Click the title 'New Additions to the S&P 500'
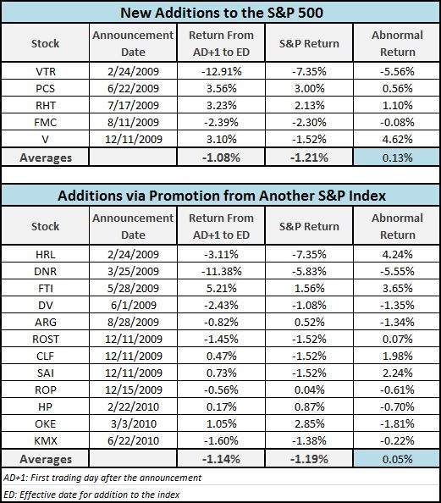(x=222, y=13)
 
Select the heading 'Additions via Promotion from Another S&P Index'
(x=222, y=196)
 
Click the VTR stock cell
(x=45, y=71)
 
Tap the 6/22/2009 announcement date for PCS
(x=133, y=88)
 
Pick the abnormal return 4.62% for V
(x=397, y=139)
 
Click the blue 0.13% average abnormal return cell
(x=396, y=158)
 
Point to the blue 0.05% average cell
(x=396, y=459)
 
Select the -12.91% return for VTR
(x=221, y=71)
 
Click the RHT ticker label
(x=45, y=105)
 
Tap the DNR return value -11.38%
(x=221, y=271)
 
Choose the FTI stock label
(x=45, y=288)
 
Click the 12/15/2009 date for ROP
(x=134, y=390)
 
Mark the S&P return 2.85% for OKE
(x=310, y=423)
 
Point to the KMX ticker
(x=45, y=441)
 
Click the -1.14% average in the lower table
(x=221, y=459)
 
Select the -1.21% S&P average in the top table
(x=309, y=158)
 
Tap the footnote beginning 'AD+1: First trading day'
(x=102, y=478)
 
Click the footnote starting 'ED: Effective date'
(x=91, y=495)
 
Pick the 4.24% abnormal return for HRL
(x=397, y=254)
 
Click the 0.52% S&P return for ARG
(x=310, y=322)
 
